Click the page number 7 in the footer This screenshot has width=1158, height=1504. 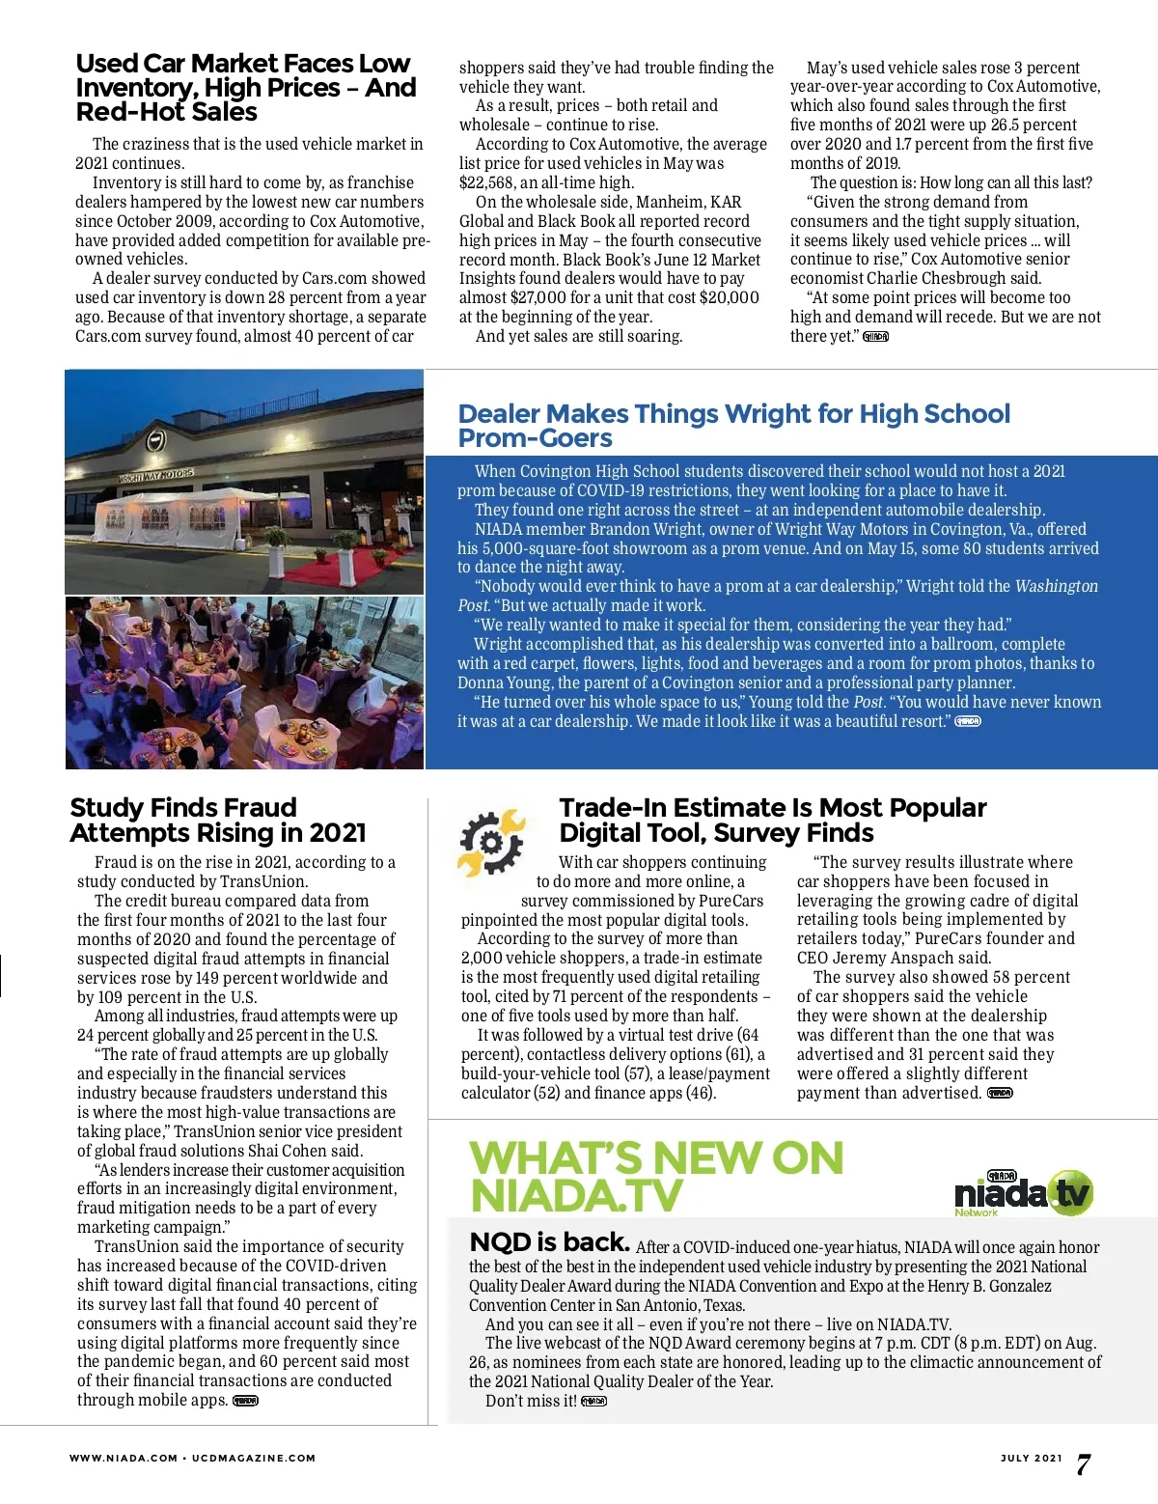pos(1084,1464)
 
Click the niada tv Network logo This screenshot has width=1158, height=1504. pos(1023,1193)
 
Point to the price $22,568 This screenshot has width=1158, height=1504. pos(493,182)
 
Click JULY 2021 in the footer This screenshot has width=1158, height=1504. pos(1031,1458)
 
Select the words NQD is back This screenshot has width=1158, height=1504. pos(549,1242)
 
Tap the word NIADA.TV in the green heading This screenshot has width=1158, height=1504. pos(576,1196)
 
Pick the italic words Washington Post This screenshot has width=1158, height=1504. pos(1056,587)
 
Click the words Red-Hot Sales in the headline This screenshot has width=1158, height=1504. pos(166,112)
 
